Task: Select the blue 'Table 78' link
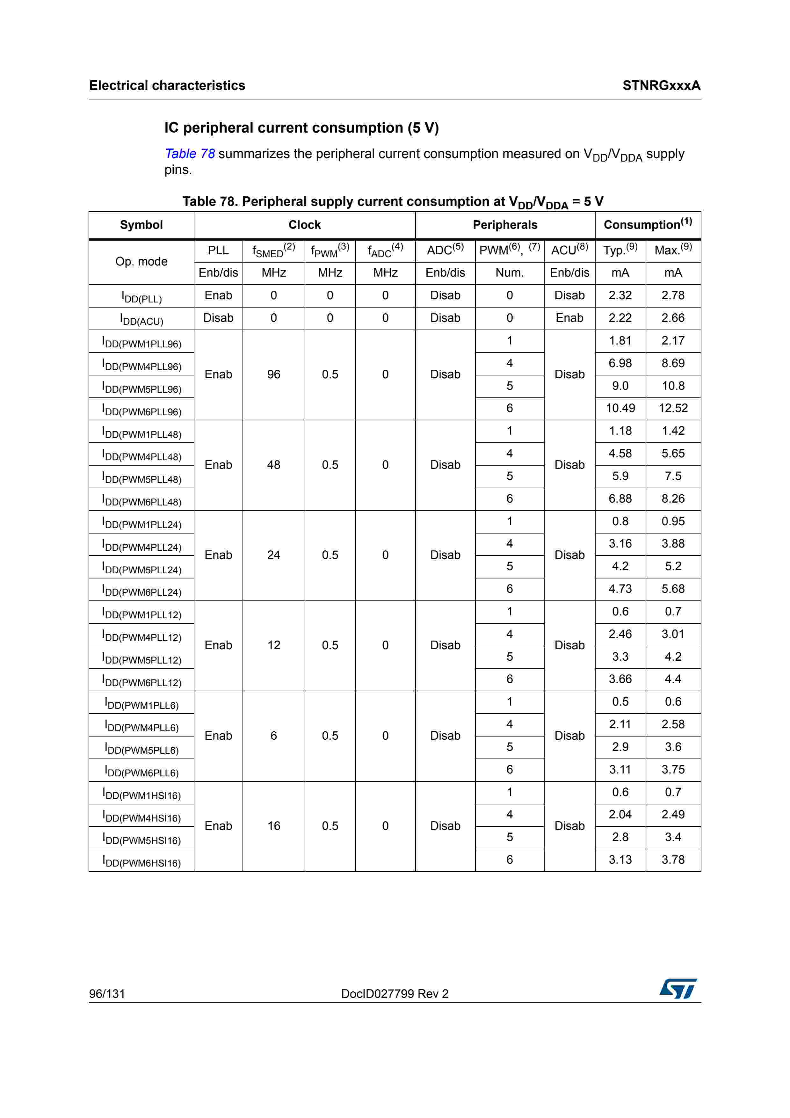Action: [x=190, y=154]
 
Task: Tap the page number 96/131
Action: [x=107, y=993]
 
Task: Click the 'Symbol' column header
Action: [x=141, y=225]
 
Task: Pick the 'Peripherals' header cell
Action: [x=505, y=225]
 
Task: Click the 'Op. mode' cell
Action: [x=141, y=261]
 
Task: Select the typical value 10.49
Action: [x=620, y=408]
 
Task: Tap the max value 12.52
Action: [x=673, y=408]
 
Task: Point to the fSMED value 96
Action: [x=273, y=374]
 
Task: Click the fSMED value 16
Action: [x=273, y=826]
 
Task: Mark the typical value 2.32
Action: [x=620, y=295]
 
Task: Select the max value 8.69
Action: [x=673, y=363]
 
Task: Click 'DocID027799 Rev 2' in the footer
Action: [x=395, y=994]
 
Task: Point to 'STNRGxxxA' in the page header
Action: [x=661, y=86]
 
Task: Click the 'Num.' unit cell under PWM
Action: [x=509, y=273]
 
